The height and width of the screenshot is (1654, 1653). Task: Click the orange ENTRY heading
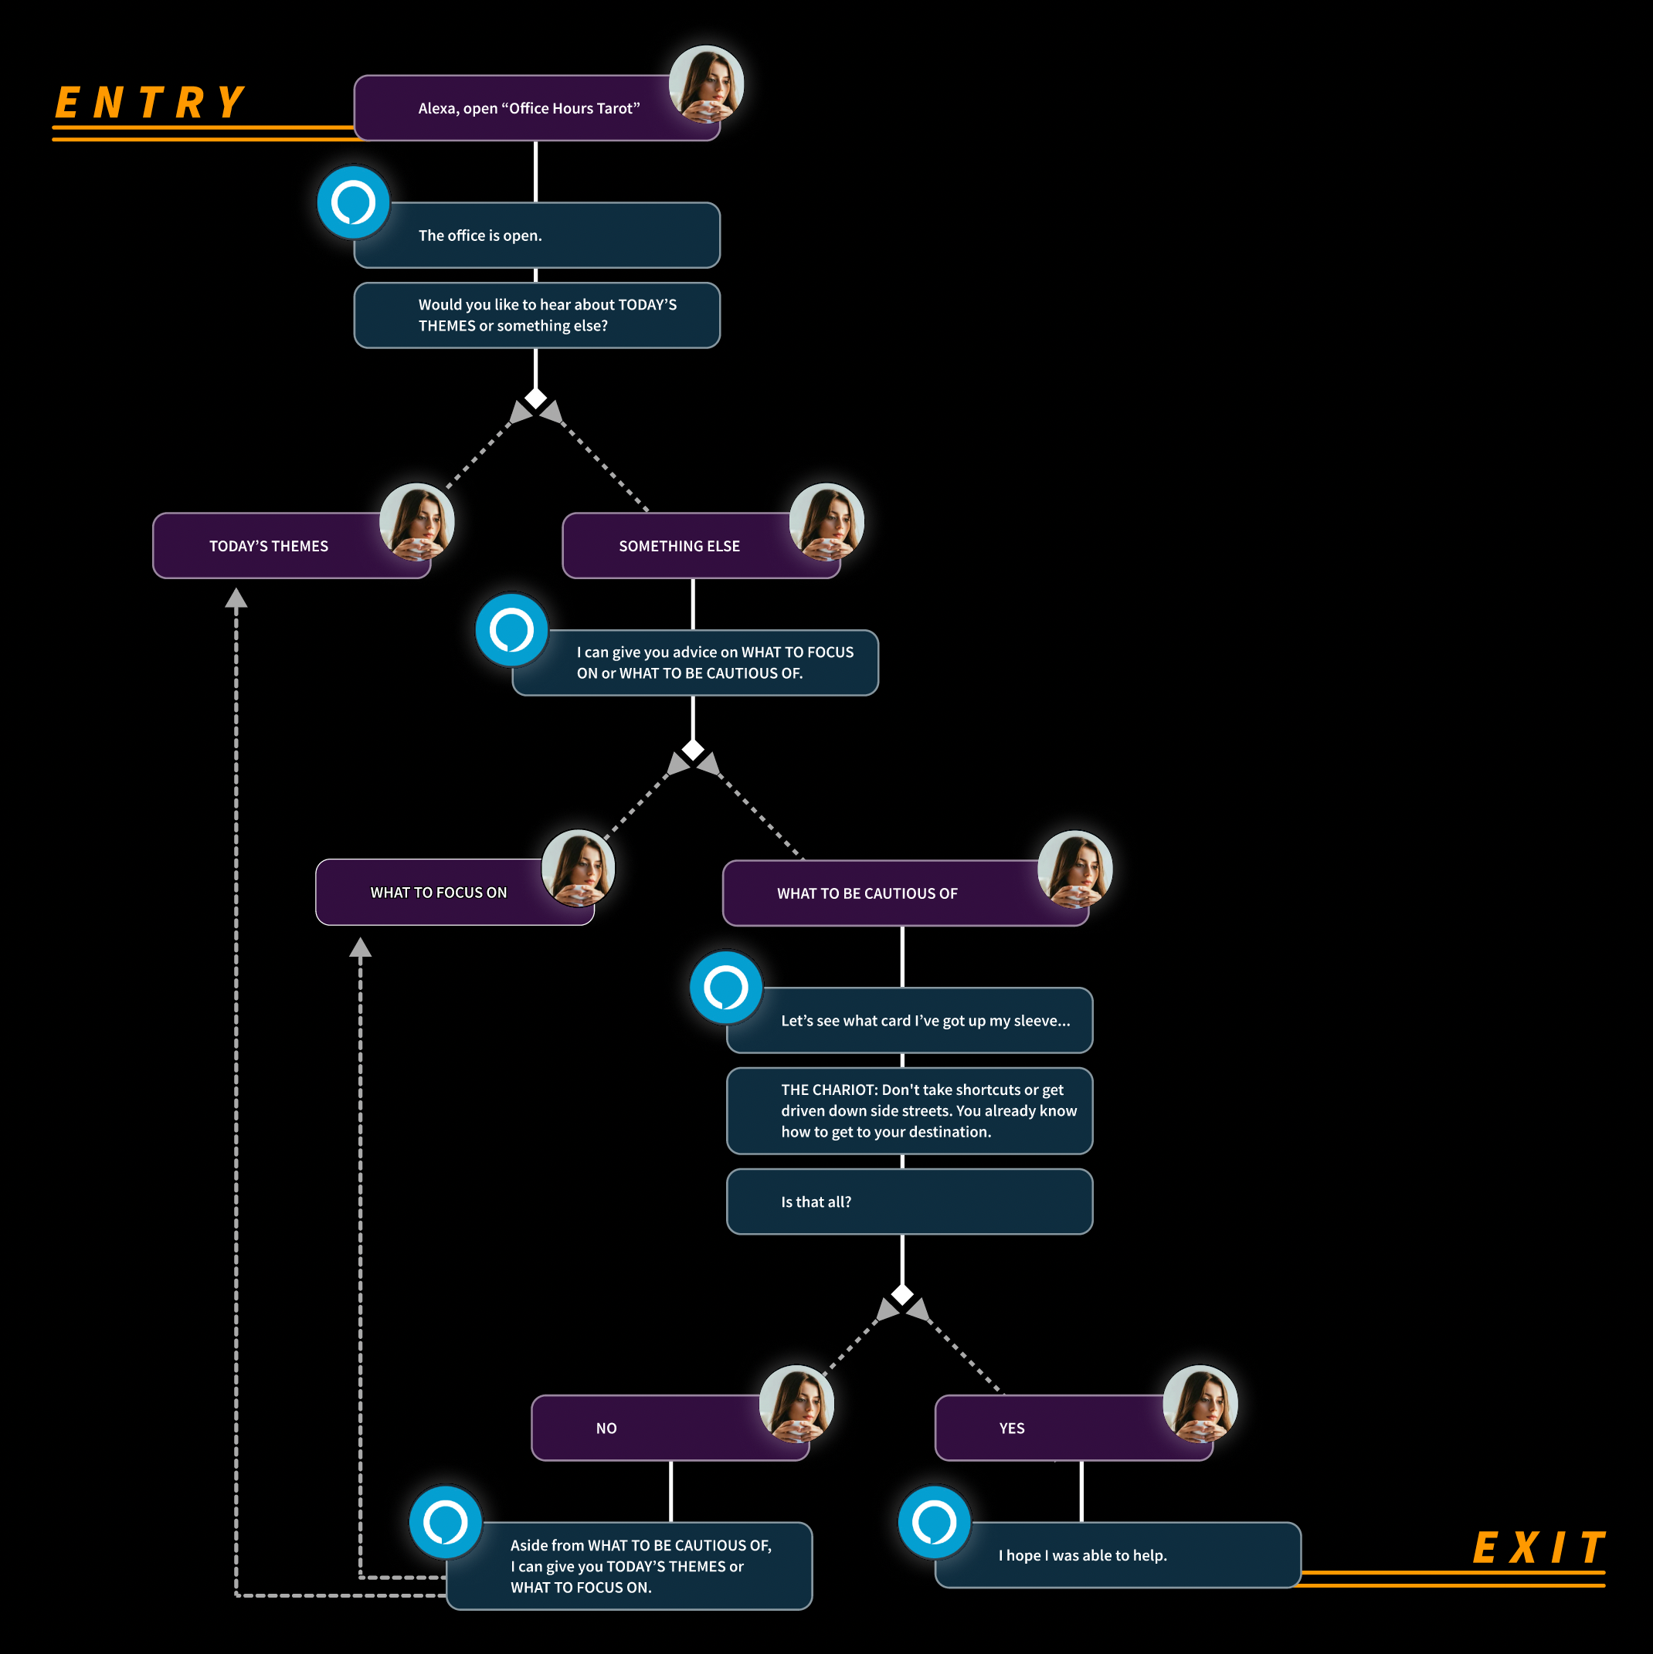pyautogui.click(x=151, y=103)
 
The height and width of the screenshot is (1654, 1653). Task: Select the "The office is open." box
pyautogui.click(x=536, y=236)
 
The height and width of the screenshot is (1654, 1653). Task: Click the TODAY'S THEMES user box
pyautogui.click(x=269, y=546)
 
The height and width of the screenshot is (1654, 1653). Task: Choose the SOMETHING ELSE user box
pyautogui.click(x=678, y=546)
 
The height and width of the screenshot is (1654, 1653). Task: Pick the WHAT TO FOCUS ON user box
pyautogui.click(x=438, y=893)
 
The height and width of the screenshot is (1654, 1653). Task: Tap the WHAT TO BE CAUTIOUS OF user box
pyautogui.click(x=867, y=893)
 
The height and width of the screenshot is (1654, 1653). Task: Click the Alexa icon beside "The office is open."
pyautogui.click(x=354, y=203)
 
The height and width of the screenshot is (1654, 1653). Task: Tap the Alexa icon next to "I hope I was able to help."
pyautogui.click(x=935, y=1522)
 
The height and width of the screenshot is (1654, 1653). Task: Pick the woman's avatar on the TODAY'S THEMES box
pyautogui.click(x=416, y=521)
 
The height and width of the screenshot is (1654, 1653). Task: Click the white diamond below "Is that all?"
pyautogui.click(x=902, y=1294)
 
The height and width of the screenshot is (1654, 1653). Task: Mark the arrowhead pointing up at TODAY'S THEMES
pyautogui.click(x=236, y=598)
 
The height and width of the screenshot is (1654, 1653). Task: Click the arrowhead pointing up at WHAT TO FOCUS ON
pyautogui.click(x=361, y=947)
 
